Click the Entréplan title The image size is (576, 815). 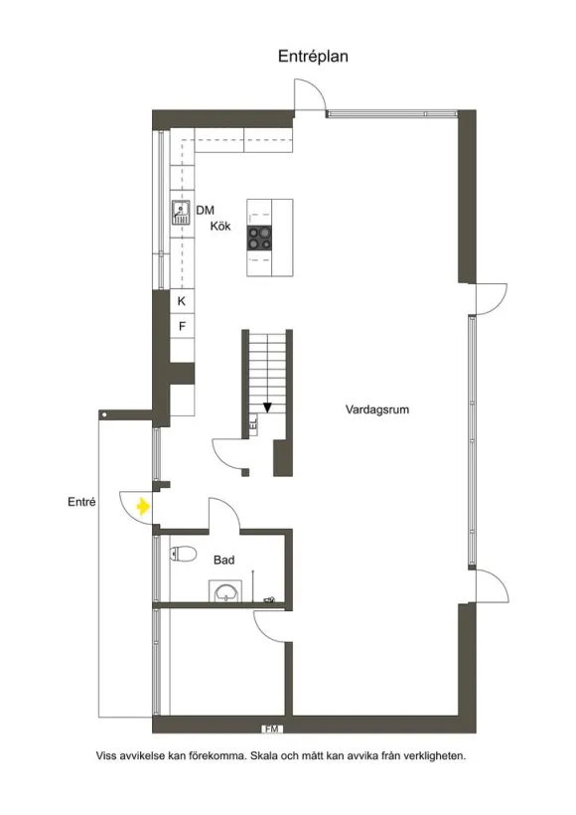(313, 56)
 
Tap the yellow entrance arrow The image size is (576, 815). (143, 506)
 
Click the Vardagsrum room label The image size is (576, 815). (377, 409)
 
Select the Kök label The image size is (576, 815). (220, 226)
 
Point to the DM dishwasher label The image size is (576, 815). (206, 210)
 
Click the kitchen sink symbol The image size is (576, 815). (181, 213)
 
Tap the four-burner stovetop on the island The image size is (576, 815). (259, 238)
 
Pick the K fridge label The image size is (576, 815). (182, 301)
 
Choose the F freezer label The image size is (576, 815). (182, 326)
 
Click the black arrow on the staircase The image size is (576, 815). (267, 407)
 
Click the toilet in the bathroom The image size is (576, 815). (183, 554)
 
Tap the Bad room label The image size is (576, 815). (223, 560)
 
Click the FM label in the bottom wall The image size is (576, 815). (272, 729)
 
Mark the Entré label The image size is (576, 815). (81, 502)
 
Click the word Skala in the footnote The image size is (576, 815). (264, 755)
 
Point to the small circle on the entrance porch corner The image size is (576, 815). (104, 414)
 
